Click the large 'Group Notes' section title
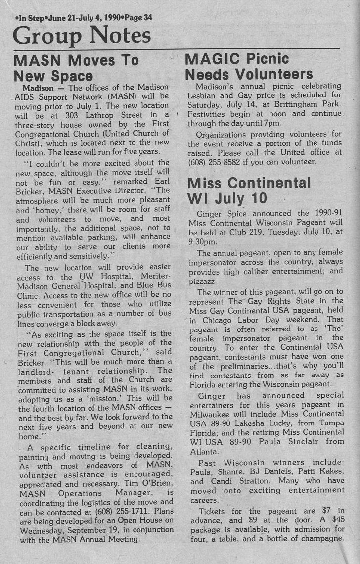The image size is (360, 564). click(x=82, y=36)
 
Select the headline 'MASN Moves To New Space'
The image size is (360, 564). click(x=77, y=68)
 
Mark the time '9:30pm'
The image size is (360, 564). click(x=202, y=242)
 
